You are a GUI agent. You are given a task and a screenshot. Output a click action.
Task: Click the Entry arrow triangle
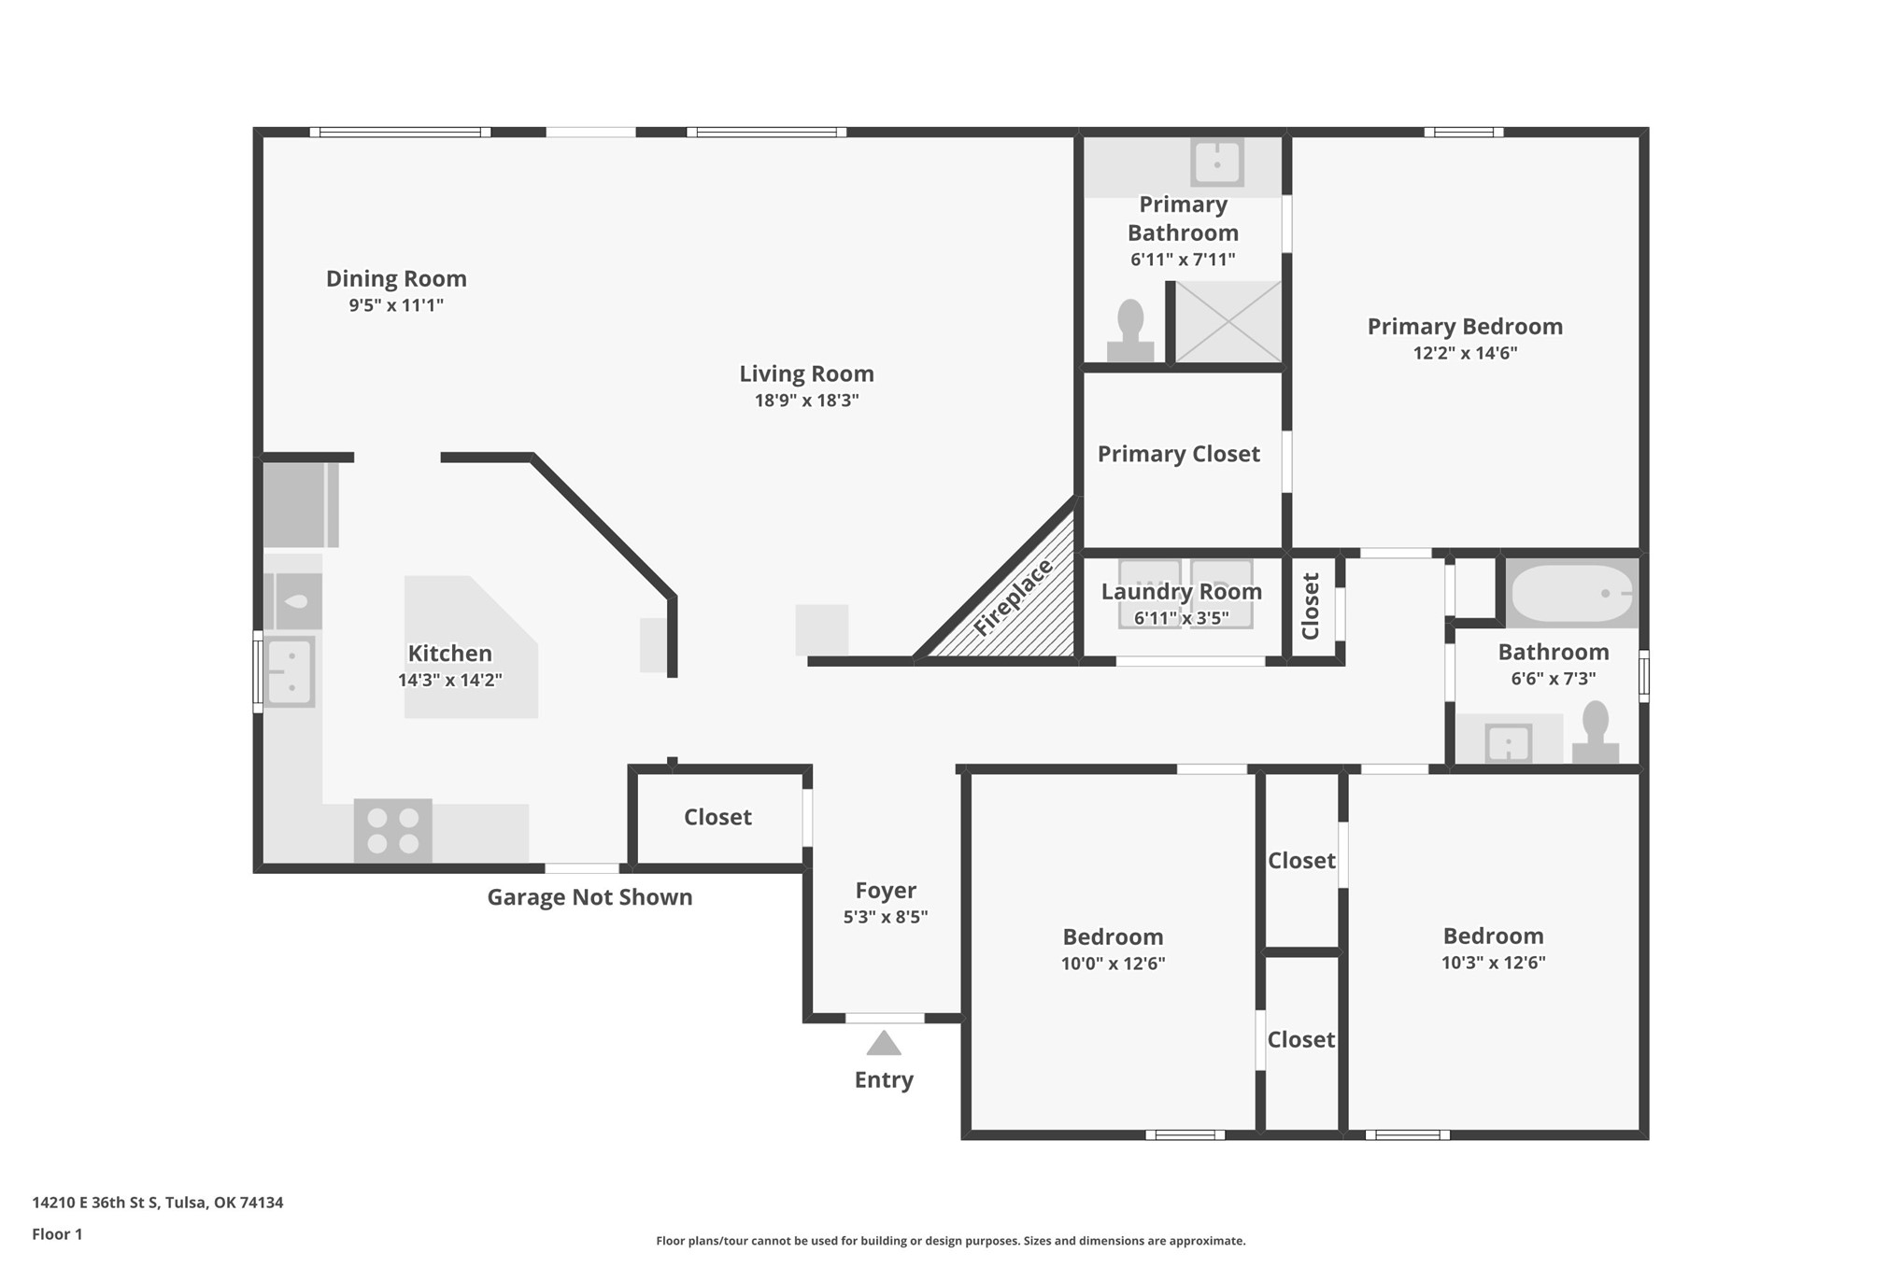(883, 1043)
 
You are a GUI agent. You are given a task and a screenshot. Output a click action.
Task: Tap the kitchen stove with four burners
(392, 830)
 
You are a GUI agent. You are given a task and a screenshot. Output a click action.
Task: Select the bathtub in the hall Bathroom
(1573, 593)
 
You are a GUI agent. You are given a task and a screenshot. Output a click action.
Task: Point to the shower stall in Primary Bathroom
(1228, 321)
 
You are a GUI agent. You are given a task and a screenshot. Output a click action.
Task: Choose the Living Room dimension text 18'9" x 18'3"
(806, 401)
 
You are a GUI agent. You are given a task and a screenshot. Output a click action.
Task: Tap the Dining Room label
(396, 278)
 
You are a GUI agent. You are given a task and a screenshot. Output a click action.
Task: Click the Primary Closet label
(1179, 454)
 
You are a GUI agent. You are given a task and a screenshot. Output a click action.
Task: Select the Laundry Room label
(1182, 591)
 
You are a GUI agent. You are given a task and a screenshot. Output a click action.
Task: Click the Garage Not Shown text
(589, 897)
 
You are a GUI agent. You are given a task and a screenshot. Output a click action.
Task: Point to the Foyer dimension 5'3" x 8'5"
(885, 917)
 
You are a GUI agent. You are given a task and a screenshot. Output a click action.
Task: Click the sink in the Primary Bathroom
(1216, 162)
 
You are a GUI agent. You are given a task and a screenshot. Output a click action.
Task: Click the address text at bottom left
(158, 1203)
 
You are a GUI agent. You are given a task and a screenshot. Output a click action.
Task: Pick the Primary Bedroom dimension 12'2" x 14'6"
(1465, 353)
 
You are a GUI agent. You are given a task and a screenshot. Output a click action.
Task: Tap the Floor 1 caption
(57, 1234)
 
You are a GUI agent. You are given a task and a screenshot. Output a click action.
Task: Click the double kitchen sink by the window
(290, 671)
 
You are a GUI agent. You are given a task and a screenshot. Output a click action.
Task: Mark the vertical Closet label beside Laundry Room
(1311, 606)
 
